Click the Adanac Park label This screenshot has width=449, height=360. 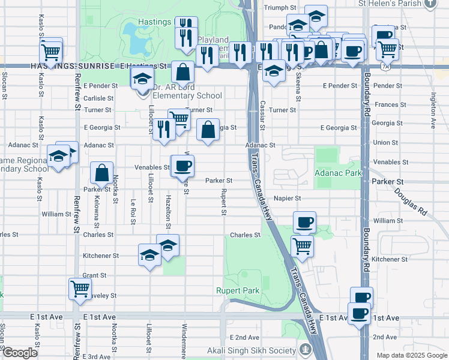tap(338, 173)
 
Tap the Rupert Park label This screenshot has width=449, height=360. tap(238, 290)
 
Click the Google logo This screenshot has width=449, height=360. tap(20, 353)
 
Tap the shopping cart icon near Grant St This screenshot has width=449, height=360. tap(80, 289)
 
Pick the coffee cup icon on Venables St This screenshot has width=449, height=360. tap(183, 166)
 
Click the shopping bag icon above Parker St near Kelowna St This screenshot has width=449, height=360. tap(101, 173)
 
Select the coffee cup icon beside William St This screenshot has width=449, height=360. tap(304, 222)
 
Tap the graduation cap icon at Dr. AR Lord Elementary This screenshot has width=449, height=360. tap(142, 79)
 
